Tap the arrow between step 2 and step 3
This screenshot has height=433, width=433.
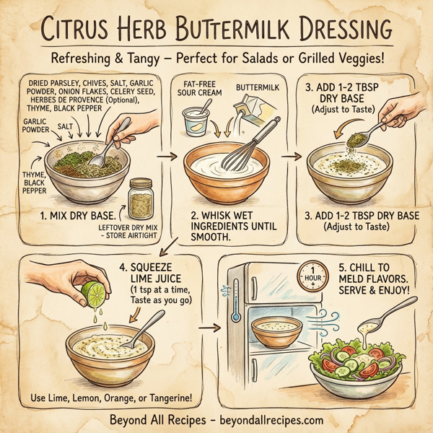pyautogui.click(x=292, y=154)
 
